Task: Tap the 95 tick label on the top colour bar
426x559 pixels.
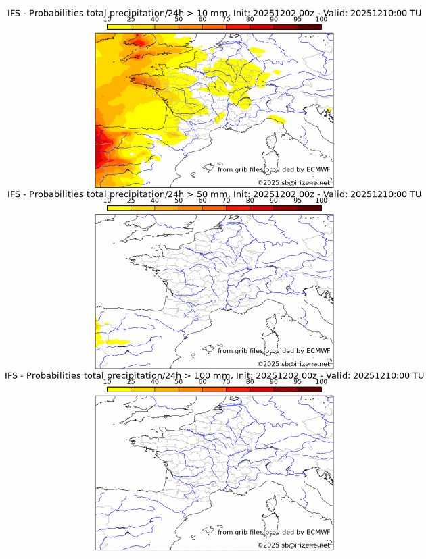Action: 298,20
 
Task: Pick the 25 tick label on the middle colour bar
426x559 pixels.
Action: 131,201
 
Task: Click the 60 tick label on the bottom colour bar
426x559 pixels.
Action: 202,381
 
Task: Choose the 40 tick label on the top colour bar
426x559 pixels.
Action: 155,20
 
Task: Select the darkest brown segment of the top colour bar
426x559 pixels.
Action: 310,27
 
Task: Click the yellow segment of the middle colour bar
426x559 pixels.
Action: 119,208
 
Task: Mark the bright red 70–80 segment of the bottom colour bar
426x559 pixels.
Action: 238,389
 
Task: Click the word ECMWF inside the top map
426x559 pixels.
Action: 318,169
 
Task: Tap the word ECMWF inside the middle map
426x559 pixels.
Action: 318,350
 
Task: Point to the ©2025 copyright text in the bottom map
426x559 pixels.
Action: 268,545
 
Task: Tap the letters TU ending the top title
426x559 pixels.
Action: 415,14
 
